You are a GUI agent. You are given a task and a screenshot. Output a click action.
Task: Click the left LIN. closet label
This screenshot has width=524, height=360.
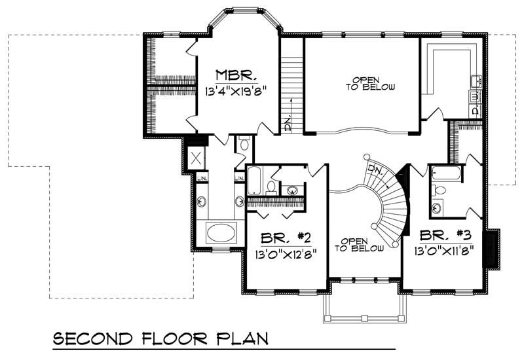tap(203, 177)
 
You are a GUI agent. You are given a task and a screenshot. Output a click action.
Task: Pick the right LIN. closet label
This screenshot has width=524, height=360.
tap(239, 177)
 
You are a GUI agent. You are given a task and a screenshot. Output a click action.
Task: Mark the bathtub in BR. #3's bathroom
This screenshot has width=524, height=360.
tap(446, 174)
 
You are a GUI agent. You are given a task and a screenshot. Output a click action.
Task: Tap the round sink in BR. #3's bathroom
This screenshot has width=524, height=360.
tap(438, 208)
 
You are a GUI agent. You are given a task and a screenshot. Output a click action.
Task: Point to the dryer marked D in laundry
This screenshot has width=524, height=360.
tap(476, 111)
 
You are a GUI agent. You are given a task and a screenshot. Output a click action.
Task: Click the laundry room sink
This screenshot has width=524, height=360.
tap(477, 81)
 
